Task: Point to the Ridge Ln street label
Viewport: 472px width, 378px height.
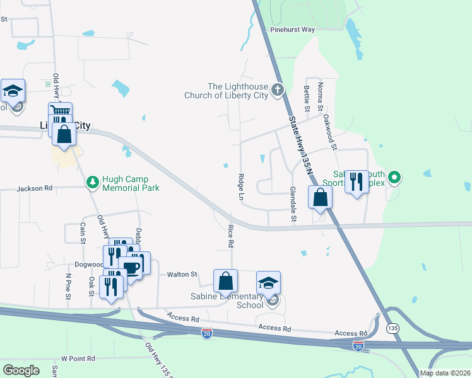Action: (x=241, y=187)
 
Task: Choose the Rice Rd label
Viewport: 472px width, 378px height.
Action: (x=231, y=234)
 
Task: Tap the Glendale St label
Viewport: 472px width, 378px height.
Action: (x=292, y=205)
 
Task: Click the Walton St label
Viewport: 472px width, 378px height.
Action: (x=182, y=274)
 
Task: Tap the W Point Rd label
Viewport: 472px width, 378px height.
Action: (x=78, y=358)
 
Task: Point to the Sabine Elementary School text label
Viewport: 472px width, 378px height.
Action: (x=232, y=301)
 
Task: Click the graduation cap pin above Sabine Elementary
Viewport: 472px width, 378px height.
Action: (x=268, y=283)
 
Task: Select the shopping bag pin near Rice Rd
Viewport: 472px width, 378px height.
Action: (x=225, y=281)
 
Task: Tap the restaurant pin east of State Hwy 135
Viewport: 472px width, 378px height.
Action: (x=357, y=182)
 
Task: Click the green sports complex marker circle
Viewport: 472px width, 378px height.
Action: (x=395, y=177)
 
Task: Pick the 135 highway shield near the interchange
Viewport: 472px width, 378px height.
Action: (x=392, y=328)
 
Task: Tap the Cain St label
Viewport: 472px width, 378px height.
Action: (x=83, y=232)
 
